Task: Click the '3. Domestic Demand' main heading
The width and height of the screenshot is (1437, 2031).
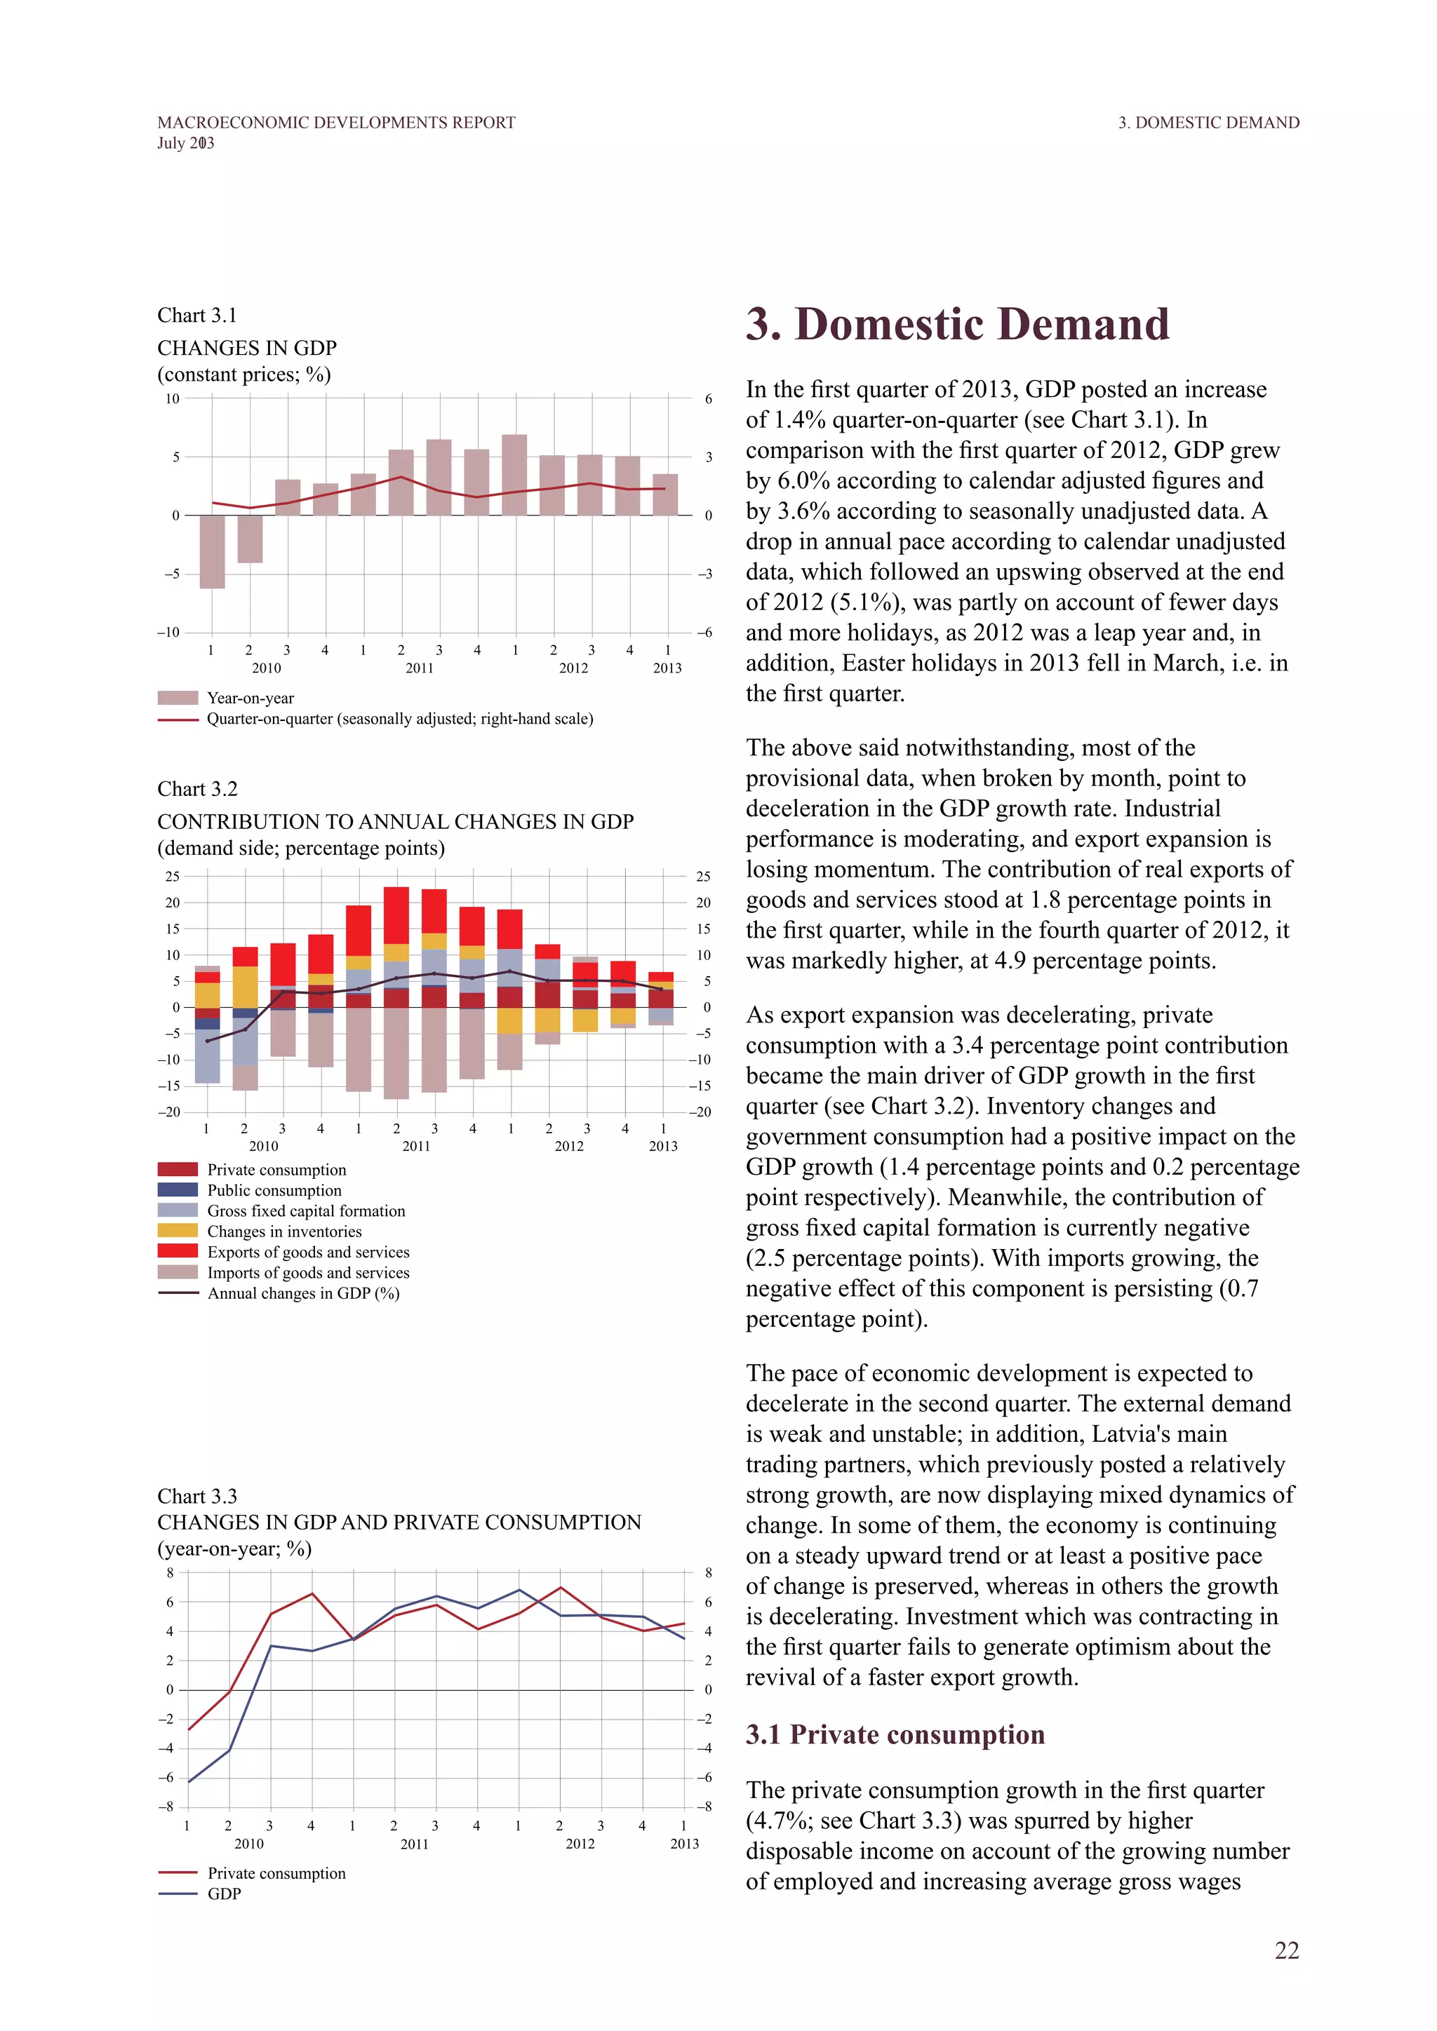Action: point(957,324)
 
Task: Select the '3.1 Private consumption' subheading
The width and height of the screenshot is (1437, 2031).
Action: point(895,1734)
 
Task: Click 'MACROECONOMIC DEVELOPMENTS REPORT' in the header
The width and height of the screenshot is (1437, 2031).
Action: point(336,123)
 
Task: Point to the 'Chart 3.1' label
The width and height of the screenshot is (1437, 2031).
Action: point(197,316)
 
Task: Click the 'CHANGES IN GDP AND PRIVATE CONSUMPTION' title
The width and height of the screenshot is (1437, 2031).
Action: point(399,1523)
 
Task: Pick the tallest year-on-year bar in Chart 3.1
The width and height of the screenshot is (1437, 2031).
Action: point(514,475)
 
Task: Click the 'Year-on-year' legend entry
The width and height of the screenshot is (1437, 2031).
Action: point(250,698)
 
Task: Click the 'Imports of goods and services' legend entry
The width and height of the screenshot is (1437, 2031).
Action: point(308,1273)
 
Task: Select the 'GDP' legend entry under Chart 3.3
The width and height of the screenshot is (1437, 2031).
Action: point(224,1894)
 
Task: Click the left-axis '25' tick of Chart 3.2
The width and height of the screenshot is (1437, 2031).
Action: point(172,877)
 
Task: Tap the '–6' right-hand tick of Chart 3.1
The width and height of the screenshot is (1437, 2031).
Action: point(704,633)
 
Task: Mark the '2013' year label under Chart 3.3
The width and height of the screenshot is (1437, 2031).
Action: point(684,1844)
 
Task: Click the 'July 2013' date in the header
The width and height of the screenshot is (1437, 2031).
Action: point(186,143)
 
